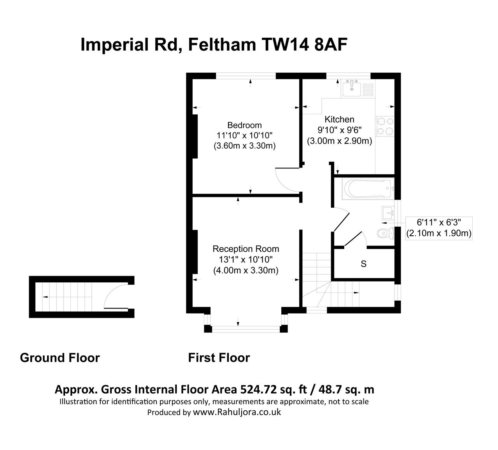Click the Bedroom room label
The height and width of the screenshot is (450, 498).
(x=244, y=125)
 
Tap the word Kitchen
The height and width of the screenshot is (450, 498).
(x=339, y=119)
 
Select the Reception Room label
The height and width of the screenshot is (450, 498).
(x=245, y=249)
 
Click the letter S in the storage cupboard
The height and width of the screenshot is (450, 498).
(x=363, y=264)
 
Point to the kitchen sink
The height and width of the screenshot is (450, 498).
(x=352, y=88)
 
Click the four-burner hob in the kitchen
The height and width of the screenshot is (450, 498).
(x=385, y=126)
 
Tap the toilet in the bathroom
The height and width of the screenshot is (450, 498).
(x=385, y=233)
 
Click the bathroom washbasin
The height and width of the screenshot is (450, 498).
(x=388, y=213)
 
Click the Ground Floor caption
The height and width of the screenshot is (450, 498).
(x=60, y=358)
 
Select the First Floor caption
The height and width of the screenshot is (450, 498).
(x=219, y=358)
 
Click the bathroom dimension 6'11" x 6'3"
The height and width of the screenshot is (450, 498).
(x=438, y=223)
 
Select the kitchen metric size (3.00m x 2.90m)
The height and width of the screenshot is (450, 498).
(x=339, y=141)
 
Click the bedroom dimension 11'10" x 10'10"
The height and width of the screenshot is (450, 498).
(x=244, y=136)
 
